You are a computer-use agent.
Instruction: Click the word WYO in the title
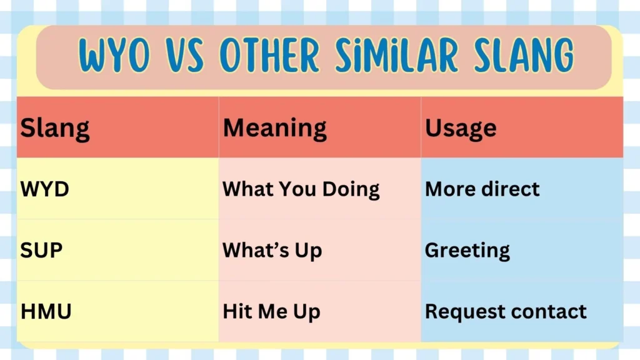115,56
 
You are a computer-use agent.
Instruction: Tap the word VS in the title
186,56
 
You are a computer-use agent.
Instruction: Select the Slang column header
55,127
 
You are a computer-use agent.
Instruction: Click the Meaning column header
274,127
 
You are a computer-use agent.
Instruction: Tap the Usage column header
461,127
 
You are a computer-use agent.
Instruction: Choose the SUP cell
41,250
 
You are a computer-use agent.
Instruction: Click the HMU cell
46,311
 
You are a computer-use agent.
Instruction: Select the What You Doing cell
301,189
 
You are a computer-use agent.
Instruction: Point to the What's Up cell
272,250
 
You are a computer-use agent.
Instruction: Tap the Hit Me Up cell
271,311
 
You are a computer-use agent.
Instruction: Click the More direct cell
482,189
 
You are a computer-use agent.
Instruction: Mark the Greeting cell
467,250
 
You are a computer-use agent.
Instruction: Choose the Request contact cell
506,311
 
